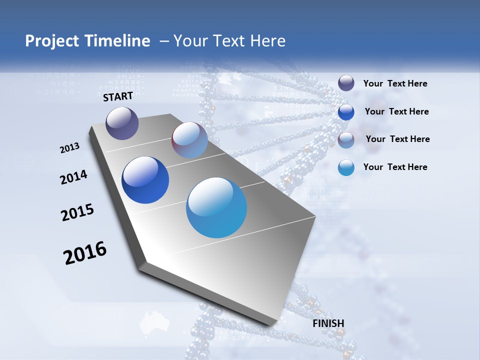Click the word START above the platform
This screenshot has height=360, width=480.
click(118, 96)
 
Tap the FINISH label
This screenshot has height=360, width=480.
click(328, 323)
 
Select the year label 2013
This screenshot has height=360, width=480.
click(70, 148)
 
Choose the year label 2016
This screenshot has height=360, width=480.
click(85, 253)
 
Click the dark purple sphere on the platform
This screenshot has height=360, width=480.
click(122, 123)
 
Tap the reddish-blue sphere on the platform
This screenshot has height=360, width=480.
click(189, 140)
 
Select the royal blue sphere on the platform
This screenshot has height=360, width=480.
click(145, 180)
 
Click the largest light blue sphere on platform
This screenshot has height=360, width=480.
click(216, 207)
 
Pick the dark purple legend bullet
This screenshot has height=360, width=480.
click(346, 83)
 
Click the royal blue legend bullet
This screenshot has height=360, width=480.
click(346, 112)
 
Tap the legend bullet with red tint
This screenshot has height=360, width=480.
click(346, 140)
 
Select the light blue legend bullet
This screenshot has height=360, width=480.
click(346, 167)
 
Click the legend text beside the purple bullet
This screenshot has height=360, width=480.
click(395, 83)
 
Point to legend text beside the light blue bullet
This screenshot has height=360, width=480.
click(395, 167)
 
